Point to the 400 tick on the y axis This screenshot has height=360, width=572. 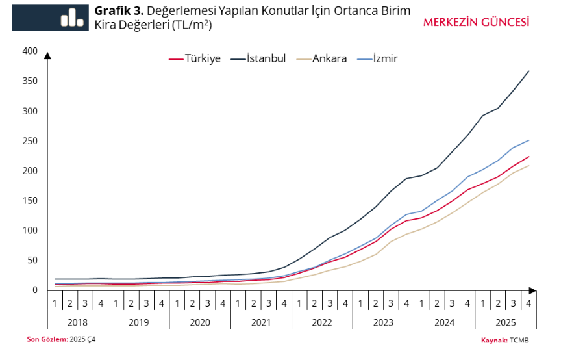(x=30, y=51)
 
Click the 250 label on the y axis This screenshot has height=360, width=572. (x=30, y=141)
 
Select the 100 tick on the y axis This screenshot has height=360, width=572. (x=30, y=231)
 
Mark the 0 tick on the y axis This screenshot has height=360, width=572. (x=35, y=290)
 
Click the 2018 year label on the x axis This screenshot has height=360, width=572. (x=77, y=322)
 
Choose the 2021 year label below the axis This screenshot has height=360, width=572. (x=260, y=322)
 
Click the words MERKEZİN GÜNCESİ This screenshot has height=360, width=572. (x=476, y=21)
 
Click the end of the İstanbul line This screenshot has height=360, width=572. (x=530, y=71)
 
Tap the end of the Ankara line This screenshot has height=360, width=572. (x=530, y=165)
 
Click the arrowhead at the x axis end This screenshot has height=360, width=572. (x=532, y=290)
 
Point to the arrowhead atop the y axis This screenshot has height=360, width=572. (x=47, y=55)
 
